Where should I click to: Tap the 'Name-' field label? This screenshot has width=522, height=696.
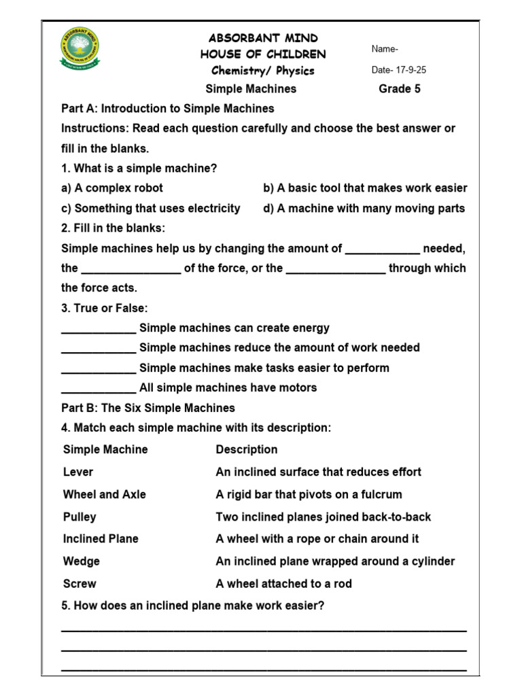(385, 49)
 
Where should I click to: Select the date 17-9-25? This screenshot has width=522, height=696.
(399, 70)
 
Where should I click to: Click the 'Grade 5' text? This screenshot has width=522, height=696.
(400, 89)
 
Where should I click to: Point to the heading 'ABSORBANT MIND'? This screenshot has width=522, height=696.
(263, 38)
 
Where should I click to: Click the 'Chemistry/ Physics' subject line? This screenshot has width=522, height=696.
(262, 71)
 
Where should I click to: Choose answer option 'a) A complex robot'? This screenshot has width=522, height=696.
(112, 188)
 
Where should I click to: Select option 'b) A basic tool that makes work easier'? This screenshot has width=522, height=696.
(365, 188)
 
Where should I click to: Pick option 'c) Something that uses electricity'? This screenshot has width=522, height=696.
(150, 209)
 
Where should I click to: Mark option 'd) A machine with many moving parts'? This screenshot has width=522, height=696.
(364, 209)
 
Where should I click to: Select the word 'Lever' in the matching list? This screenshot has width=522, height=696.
(78, 472)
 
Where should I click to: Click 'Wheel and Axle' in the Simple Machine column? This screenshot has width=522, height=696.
(104, 494)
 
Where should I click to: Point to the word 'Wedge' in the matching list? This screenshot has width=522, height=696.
(81, 561)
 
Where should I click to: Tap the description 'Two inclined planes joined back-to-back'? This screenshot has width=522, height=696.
(323, 517)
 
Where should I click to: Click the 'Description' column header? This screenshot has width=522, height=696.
(246, 449)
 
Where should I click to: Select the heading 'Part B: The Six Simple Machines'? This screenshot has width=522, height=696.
(147, 408)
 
